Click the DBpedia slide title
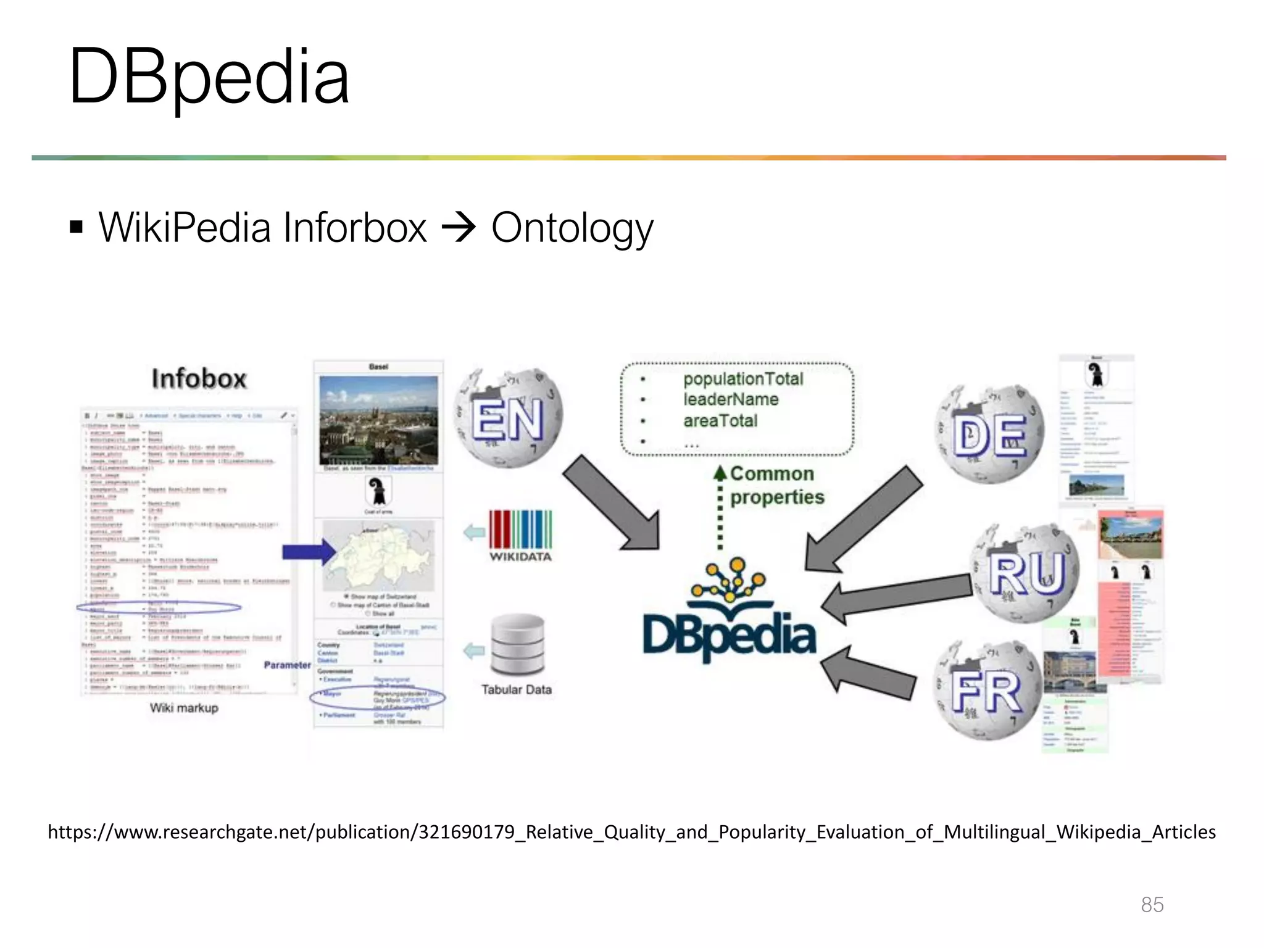[209, 77]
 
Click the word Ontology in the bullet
[572, 228]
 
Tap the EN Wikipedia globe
[508, 417]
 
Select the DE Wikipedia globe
[989, 434]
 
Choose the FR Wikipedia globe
[986, 690]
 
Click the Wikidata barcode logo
[520, 530]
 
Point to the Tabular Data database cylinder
[518, 645]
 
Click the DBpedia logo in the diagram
[729, 617]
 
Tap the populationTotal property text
[743, 379]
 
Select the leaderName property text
[731, 400]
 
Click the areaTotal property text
[720, 421]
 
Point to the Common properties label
[776, 486]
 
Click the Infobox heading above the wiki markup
[199, 379]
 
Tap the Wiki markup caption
[184, 708]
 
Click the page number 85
[1152, 905]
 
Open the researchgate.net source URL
[631, 833]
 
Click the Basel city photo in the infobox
[378, 420]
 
